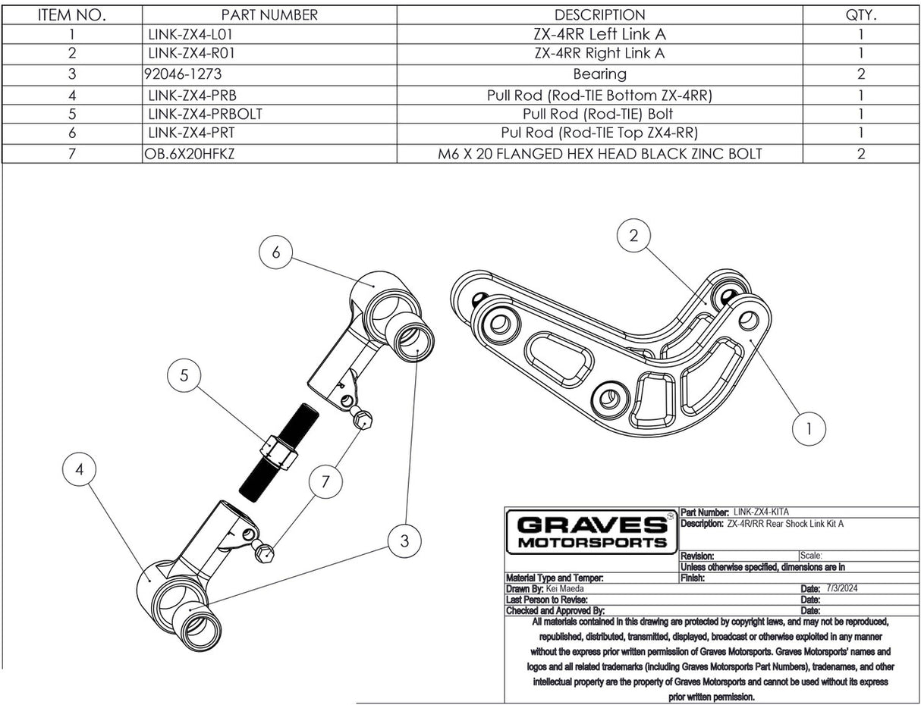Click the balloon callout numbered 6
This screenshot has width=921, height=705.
tap(276, 252)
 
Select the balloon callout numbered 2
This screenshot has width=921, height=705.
tap(634, 235)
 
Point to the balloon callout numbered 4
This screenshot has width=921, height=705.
tap(80, 471)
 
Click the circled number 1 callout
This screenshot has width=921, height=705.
tap(809, 429)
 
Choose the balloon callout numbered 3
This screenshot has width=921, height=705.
tap(404, 540)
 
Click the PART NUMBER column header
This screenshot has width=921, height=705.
tap(269, 15)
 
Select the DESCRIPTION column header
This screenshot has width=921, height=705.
tap(599, 15)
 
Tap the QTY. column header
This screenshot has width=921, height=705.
tap(861, 15)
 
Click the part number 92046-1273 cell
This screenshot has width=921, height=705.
tap(182, 74)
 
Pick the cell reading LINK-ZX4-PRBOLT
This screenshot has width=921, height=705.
tap(205, 114)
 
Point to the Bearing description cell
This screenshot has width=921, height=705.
tap(599, 74)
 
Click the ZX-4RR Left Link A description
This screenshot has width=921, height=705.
tap(599, 34)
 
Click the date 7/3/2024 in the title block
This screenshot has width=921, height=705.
tap(842, 588)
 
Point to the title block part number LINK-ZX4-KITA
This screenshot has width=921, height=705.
tap(766, 512)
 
